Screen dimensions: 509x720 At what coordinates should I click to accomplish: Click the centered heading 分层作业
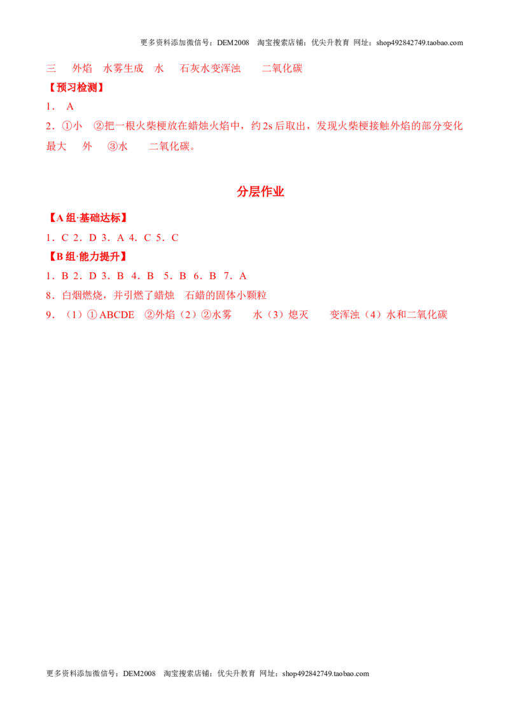260,191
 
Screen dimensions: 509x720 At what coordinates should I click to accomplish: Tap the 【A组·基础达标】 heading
88,218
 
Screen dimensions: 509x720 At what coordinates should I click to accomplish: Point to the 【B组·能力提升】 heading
88,256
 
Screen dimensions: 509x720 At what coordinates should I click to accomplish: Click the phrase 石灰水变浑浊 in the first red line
211,69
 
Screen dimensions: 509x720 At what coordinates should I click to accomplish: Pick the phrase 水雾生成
123,69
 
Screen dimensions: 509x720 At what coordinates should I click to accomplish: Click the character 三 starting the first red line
51,69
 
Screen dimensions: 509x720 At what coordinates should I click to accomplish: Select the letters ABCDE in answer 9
116,315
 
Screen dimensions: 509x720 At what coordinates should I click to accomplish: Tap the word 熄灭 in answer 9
298,315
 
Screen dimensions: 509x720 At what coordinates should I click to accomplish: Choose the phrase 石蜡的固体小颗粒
226,295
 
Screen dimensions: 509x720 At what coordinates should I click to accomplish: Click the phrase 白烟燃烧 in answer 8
82,295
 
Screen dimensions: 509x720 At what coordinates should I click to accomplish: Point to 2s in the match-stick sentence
267,127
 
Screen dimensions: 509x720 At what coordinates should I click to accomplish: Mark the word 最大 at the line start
56,146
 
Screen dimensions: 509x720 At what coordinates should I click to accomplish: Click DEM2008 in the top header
233,43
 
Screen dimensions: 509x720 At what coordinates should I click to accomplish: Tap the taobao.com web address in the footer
326,674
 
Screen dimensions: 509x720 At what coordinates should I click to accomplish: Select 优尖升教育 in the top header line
330,43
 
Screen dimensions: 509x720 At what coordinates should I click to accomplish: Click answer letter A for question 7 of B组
243,276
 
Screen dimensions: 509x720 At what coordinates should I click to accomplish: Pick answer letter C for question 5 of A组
175,238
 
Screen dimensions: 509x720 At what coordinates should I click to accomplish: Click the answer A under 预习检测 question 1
70,106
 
